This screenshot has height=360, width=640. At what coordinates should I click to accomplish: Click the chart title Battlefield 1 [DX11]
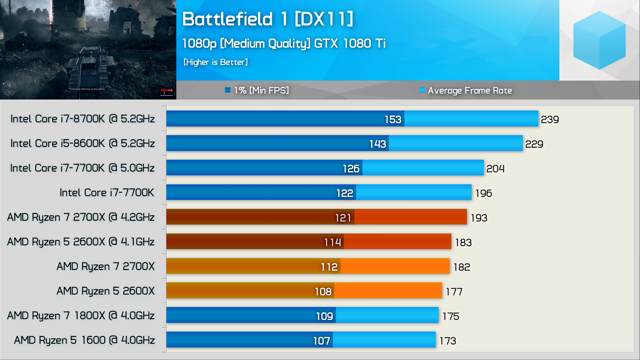coord(268,19)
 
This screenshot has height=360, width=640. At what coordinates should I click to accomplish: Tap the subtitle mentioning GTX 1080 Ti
coord(284,43)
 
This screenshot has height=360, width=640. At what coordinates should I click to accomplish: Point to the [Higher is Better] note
coord(216,62)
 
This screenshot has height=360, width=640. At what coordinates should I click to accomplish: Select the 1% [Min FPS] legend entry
coord(257,90)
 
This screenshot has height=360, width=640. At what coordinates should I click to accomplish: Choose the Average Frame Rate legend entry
coord(466,90)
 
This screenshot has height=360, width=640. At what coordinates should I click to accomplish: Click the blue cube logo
coord(599,40)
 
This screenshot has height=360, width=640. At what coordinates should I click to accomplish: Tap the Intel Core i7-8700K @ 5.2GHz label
coord(82,119)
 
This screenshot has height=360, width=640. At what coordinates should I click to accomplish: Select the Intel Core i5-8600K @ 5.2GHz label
coord(82,143)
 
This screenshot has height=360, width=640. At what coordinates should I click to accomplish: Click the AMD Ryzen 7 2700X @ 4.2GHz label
coord(81,217)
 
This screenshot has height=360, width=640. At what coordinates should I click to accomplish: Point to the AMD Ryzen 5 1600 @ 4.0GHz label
coord(84,340)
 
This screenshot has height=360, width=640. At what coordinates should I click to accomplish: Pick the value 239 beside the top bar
coord(550,120)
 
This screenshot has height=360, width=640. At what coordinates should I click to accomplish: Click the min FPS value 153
coord(393,120)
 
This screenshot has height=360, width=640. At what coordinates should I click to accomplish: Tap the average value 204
coord(495,169)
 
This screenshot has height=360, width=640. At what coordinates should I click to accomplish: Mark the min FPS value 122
coord(344,193)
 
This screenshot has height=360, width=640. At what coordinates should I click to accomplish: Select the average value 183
coord(463,242)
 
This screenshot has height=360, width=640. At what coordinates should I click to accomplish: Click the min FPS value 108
coord(323,292)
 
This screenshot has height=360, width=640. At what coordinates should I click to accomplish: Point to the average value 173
coord(448,341)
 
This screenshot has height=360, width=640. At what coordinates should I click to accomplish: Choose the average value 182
coord(462,267)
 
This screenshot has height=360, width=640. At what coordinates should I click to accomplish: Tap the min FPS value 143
coord(378,144)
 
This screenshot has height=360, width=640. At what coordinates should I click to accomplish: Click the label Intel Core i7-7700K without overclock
coord(107,192)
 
